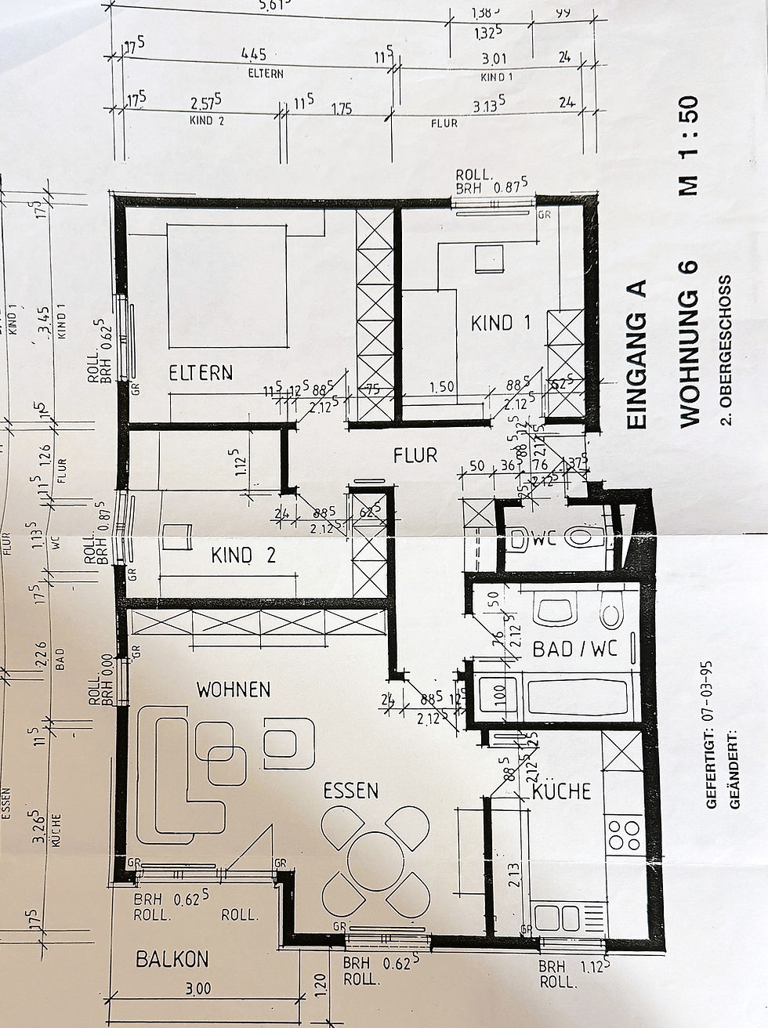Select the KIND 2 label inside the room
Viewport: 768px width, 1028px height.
pos(243,556)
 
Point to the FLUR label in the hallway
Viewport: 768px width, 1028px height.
pos(415,455)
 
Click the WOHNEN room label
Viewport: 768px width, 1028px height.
pos(233,690)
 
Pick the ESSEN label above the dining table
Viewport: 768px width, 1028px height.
pos(351,791)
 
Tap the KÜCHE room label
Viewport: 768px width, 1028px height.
pos(562,791)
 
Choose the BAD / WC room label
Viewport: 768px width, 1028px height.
pos(575,649)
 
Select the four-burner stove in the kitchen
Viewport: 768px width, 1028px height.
pos(624,836)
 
